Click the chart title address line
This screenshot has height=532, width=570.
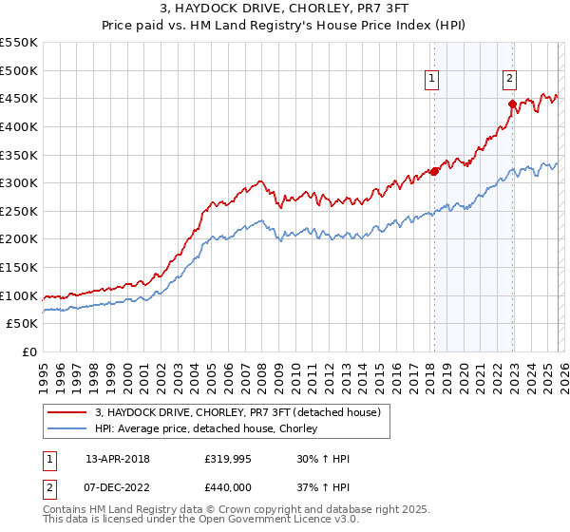pos(285,9)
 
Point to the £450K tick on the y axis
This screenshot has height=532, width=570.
pos(19,98)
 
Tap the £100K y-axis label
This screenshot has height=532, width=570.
pos(19,295)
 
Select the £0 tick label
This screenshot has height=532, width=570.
pos(29,351)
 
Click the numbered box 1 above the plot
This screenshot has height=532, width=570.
pos(432,79)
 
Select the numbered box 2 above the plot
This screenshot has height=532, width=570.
pos(510,79)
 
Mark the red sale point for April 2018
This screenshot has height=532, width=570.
pos(434,172)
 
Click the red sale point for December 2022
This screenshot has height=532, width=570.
pos(512,104)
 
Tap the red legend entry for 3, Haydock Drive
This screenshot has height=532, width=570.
pos(237,412)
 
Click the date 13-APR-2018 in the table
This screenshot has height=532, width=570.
pos(118,459)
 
